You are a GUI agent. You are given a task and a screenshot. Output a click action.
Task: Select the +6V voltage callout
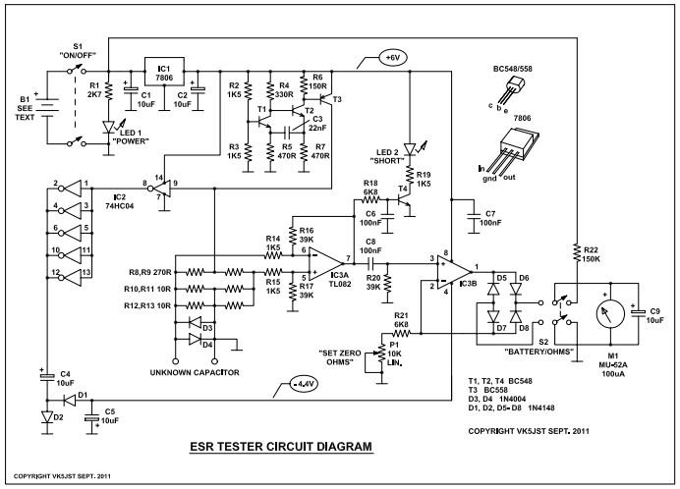click(x=393, y=58)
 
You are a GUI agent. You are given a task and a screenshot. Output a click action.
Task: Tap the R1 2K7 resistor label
click(x=94, y=90)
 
